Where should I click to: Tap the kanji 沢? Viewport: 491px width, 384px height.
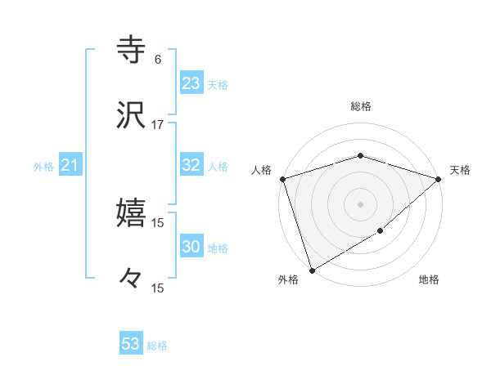click(131, 114)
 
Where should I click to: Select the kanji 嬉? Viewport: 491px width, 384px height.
click(131, 213)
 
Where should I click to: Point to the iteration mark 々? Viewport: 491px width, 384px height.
click(131, 279)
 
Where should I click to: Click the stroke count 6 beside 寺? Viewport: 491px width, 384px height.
click(158, 59)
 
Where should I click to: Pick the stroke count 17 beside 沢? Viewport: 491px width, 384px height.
click(158, 124)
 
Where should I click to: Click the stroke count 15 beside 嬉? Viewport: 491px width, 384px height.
click(158, 222)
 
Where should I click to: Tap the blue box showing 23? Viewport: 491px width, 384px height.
click(191, 83)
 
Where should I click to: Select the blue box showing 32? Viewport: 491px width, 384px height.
click(191, 165)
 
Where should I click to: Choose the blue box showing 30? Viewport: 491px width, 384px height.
click(191, 247)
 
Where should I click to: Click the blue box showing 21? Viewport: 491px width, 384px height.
click(70, 166)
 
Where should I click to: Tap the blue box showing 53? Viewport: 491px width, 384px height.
click(131, 344)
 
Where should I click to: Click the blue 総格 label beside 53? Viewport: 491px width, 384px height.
click(157, 346)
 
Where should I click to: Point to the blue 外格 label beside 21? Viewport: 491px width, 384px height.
click(43, 167)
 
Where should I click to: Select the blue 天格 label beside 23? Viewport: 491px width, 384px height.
click(218, 85)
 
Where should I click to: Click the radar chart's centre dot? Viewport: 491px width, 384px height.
click(360, 203)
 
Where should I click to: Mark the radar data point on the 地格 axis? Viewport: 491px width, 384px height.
click(381, 231)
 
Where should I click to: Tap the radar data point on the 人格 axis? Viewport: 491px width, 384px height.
click(282, 179)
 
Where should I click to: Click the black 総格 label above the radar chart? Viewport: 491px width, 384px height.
click(361, 106)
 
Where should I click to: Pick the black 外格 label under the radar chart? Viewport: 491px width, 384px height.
click(288, 279)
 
